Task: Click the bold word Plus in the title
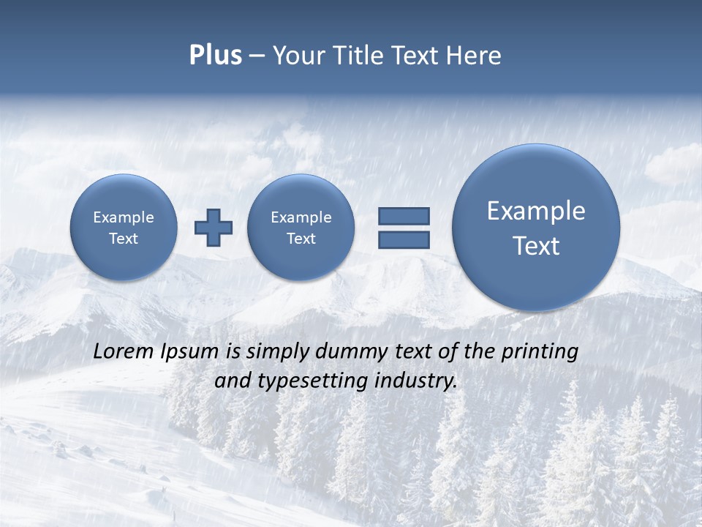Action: (x=215, y=56)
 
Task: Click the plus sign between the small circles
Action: (x=213, y=227)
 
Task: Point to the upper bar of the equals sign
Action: (x=404, y=216)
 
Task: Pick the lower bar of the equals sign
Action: (x=404, y=239)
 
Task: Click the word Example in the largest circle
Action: (x=536, y=211)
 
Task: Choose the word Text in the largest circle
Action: (x=536, y=246)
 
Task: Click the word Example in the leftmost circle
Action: (x=123, y=217)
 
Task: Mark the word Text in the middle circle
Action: (x=301, y=239)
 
